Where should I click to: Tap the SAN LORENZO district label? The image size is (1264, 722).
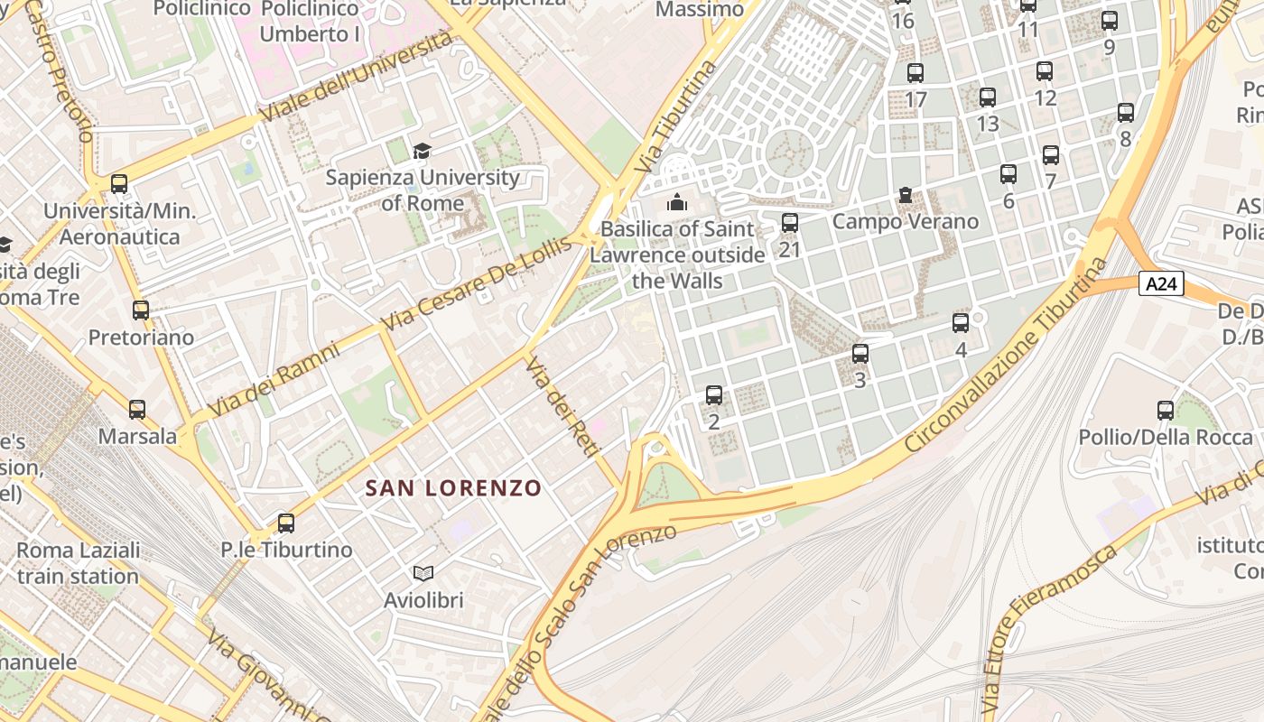pos(453,488)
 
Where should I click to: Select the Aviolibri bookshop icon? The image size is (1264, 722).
pos(423,573)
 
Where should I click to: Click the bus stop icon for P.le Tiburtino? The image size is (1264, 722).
pos(286,523)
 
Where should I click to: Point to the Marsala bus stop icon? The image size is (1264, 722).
pos(137,410)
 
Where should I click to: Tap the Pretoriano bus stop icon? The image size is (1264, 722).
pos(141,310)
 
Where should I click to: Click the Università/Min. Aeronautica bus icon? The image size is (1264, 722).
pos(119,184)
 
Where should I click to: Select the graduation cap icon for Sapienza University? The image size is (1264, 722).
pos(422,151)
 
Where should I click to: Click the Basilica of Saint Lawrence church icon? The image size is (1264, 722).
pos(677,202)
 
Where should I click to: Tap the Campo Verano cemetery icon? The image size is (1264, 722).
pos(905,195)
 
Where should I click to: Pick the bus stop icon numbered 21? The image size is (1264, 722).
pos(790,222)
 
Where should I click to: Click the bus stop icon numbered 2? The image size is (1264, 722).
pos(714,395)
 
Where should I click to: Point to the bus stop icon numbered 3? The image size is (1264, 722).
pos(860,354)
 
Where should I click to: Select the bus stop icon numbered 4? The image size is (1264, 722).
pos(961,323)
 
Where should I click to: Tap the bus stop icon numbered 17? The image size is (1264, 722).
pos(915,73)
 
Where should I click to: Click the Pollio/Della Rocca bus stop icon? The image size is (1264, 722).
pos(1166,411)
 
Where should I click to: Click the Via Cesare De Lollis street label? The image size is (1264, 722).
pos(477,282)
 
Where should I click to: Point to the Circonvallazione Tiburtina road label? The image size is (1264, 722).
pos(1006,355)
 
